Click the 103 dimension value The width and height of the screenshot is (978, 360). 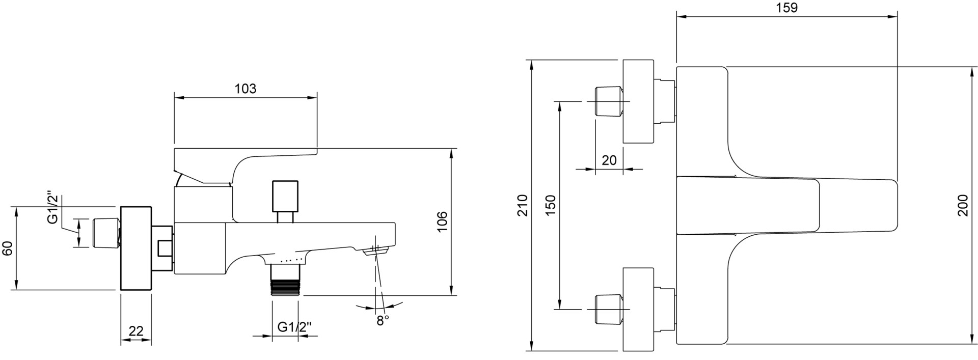tap(246, 89)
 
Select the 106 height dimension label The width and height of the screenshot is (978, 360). tap(442, 221)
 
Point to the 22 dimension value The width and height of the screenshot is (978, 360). tap(136, 331)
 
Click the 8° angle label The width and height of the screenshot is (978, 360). tap(383, 320)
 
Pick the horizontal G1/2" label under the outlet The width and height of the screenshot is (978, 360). tap(294, 327)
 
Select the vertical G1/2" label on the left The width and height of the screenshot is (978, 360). tap(53, 208)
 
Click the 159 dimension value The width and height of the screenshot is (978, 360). tap(787, 8)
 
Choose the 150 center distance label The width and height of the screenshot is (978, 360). tap(551, 205)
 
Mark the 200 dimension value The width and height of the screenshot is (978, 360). tap(962, 205)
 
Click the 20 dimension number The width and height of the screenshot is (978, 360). tap(609, 160)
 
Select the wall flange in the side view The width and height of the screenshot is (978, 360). tap(136, 248)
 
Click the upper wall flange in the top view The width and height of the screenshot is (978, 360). tap(638, 101)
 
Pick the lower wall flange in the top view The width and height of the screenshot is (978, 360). tap(638, 309)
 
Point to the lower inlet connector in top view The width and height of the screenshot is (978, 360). tap(608, 309)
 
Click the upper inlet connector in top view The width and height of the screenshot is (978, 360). tap(608, 101)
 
